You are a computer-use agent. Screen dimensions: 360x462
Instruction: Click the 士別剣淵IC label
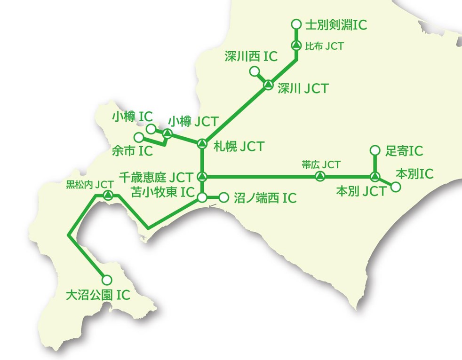click(336, 25)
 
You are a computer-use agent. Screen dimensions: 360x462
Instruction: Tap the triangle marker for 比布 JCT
click(296, 46)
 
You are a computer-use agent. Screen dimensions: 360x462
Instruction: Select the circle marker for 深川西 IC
click(255, 71)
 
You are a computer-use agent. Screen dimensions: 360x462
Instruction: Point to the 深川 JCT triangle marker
click(267, 85)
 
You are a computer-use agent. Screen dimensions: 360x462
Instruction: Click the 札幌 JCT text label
click(239, 146)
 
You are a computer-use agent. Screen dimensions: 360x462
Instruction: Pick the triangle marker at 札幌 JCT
click(202, 143)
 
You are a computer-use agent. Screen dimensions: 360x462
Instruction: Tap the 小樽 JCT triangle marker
click(166, 133)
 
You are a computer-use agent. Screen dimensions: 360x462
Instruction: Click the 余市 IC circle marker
click(139, 137)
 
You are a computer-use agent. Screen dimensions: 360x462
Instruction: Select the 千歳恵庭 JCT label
click(156, 177)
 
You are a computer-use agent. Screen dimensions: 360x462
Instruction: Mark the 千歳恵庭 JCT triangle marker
click(202, 177)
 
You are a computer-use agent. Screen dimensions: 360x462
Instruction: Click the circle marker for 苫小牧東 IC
click(202, 197)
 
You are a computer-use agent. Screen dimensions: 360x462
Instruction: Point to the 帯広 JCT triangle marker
click(319, 177)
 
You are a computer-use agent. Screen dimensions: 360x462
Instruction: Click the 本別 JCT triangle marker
click(374, 177)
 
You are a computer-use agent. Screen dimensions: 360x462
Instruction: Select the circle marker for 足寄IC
click(375, 150)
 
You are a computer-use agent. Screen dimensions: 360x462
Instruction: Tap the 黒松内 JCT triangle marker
click(108, 195)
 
